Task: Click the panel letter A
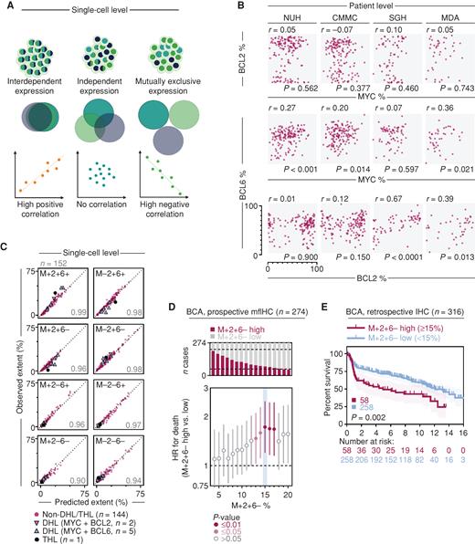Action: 7,7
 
